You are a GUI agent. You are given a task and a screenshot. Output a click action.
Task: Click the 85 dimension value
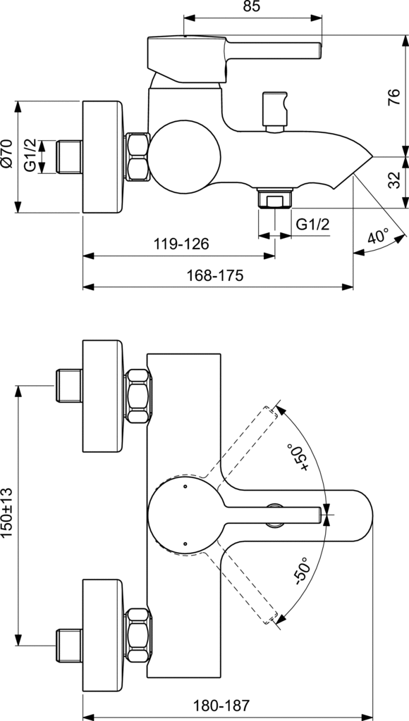click(252, 6)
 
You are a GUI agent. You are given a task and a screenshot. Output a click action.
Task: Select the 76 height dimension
click(394, 97)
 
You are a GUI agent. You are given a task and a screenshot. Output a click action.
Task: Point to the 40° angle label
click(379, 237)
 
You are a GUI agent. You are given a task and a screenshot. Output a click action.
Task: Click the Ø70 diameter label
click(8, 153)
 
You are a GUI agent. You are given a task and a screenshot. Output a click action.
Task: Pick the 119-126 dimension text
click(181, 244)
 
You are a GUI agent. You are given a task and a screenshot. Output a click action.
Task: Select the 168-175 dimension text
click(214, 275)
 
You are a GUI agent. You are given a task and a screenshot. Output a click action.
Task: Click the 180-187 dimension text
click(221, 705)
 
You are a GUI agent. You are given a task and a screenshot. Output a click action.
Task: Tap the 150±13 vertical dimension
click(8, 513)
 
